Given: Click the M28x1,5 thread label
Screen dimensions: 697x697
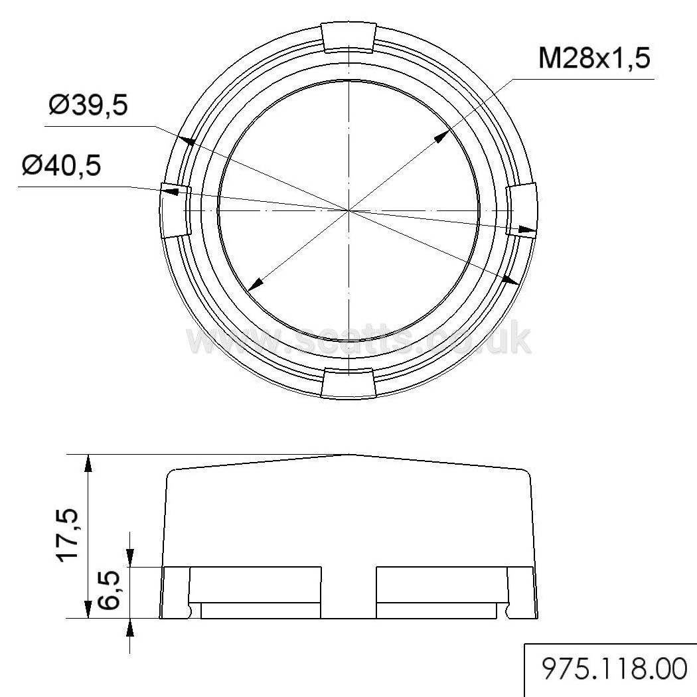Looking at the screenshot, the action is pyautogui.click(x=594, y=58).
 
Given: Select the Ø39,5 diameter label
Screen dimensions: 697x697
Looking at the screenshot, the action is pyautogui.click(x=88, y=106).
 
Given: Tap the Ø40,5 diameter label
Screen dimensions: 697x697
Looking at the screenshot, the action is pyautogui.click(x=61, y=165).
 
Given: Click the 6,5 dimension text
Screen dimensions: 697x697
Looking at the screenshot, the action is pyautogui.click(x=108, y=589).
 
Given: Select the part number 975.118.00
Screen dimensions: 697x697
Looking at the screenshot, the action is pyautogui.click(x=614, y=669).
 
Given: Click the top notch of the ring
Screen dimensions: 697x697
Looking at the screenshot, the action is pyautogui.click(x=348, y=37).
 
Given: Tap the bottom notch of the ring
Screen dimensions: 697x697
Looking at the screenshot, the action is pyautogui.click(x=348, y=382).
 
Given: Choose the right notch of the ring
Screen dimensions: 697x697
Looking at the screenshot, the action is pyautogui.click(x=522, y=210).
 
